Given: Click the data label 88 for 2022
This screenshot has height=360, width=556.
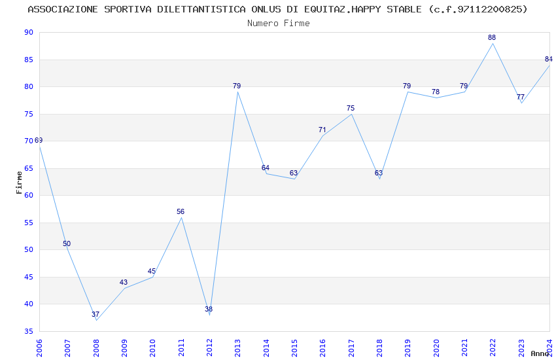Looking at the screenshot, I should [492, 38].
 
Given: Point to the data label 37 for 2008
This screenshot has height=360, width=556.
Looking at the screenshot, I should [96, 315].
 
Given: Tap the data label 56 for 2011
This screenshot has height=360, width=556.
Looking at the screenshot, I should [181, 212].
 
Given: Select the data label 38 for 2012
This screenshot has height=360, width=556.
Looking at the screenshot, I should [209, 310].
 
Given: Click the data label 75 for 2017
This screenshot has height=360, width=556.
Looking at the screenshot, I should [351, 109].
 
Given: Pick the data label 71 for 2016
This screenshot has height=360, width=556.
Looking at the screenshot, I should [322, 130].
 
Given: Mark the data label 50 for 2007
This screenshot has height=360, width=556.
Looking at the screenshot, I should [67, 244].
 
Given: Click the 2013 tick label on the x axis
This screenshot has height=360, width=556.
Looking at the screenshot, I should [237, 347].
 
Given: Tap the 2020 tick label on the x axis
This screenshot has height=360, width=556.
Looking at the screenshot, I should [436, 347].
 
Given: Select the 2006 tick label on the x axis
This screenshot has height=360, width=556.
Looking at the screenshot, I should [39, 347].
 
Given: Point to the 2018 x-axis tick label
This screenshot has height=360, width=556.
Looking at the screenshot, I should [379, 347].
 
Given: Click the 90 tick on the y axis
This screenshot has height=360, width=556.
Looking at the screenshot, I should [28, 33].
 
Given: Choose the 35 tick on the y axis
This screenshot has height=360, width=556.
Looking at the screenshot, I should [28, 331].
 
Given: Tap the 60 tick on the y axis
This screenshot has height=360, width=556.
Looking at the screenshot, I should [28, 196].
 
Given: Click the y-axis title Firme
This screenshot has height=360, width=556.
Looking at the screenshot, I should [19, 182].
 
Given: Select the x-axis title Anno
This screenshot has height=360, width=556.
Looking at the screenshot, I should [540, 354].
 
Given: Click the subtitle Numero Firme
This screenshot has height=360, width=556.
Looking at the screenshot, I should [278, 24].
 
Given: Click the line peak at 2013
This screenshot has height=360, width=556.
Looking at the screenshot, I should [237, 92].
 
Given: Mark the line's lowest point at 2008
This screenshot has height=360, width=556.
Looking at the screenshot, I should [96, 320].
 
